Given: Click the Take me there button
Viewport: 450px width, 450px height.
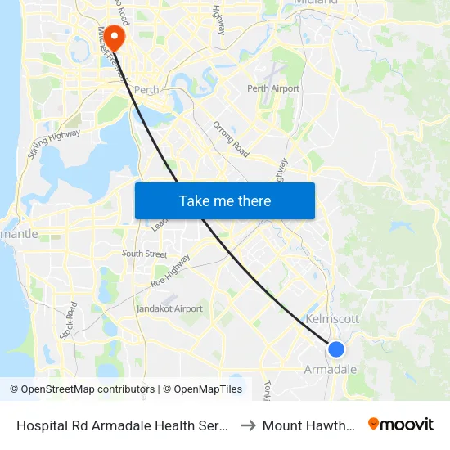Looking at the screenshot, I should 225,200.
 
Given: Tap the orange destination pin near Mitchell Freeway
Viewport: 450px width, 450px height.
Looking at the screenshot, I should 114,34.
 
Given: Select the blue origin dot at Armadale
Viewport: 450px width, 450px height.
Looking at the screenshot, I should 335,349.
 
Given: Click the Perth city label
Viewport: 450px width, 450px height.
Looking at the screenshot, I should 146,90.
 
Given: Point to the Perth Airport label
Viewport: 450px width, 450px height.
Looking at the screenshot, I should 273,88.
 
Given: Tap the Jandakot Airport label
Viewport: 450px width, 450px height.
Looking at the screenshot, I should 169,308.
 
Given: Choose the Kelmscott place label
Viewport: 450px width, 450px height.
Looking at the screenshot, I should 331,319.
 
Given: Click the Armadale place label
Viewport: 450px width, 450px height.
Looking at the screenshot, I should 331,370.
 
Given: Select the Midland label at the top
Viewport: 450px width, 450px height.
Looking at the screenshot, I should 315,2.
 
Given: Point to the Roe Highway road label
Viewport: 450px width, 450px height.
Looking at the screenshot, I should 171,270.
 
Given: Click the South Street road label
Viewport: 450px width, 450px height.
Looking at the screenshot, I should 144,254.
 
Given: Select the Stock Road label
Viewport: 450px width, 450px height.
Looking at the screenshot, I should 68,321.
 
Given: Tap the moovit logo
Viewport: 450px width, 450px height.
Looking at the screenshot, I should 401,424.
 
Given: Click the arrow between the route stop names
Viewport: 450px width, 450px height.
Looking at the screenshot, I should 247,425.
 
